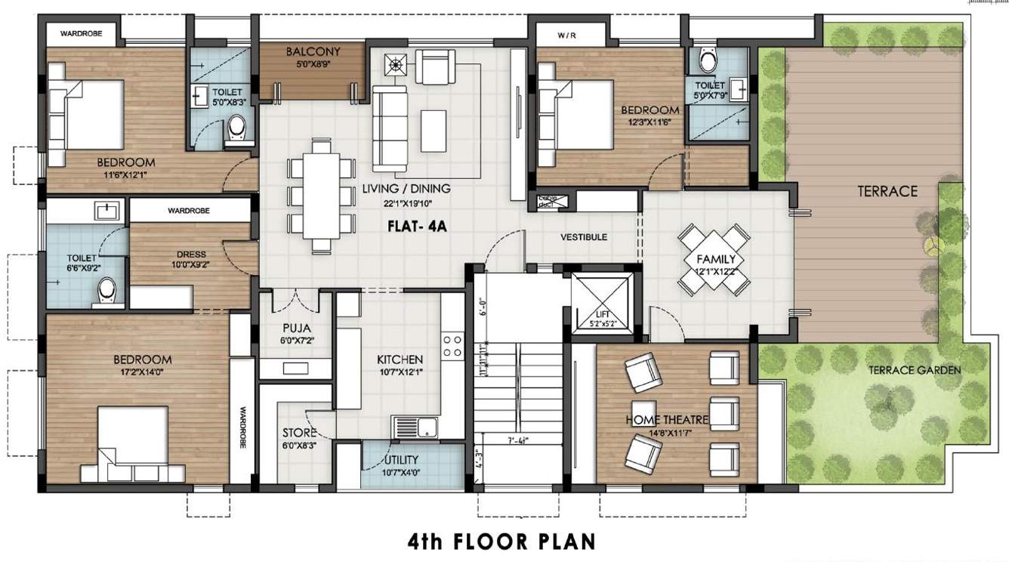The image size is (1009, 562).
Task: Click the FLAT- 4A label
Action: point(418,224)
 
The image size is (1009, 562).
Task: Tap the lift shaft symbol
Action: point(601,301)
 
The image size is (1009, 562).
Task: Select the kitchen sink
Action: point(406,427)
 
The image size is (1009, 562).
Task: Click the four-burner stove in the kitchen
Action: point(452,346)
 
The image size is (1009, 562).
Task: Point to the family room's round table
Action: point(714,259)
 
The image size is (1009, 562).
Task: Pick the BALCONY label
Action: point(313,52)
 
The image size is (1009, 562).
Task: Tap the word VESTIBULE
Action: point(584,237)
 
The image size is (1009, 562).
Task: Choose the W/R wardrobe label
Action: point(566,35)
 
